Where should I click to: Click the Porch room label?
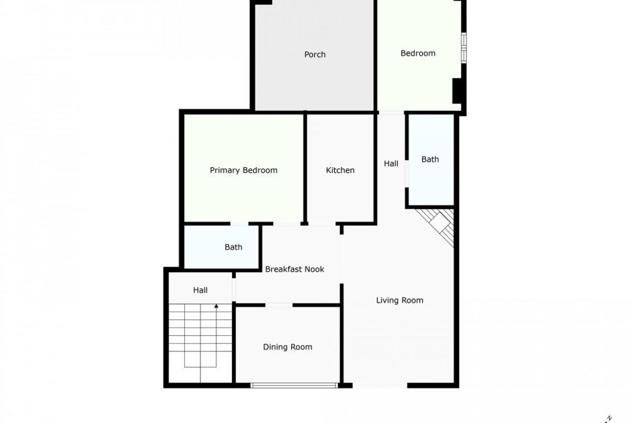314,54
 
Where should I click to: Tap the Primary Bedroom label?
243,170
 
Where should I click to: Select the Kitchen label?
340,170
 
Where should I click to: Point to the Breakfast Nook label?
295,269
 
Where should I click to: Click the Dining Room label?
288,347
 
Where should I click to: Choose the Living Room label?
400,300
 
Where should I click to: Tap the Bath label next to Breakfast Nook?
233,247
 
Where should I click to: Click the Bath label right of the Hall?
430,159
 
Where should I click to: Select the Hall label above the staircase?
200,290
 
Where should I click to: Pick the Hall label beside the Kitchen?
391,163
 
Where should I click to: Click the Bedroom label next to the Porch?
418,53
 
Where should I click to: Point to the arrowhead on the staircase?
216,306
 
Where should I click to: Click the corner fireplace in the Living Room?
438,225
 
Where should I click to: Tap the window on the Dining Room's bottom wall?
294,385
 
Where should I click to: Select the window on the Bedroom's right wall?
464,48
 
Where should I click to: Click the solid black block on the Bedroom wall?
457,91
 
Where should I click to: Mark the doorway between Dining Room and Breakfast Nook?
279,305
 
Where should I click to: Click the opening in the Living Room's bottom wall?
380,385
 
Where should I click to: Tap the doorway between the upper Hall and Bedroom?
391,112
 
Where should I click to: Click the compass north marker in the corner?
608,419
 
